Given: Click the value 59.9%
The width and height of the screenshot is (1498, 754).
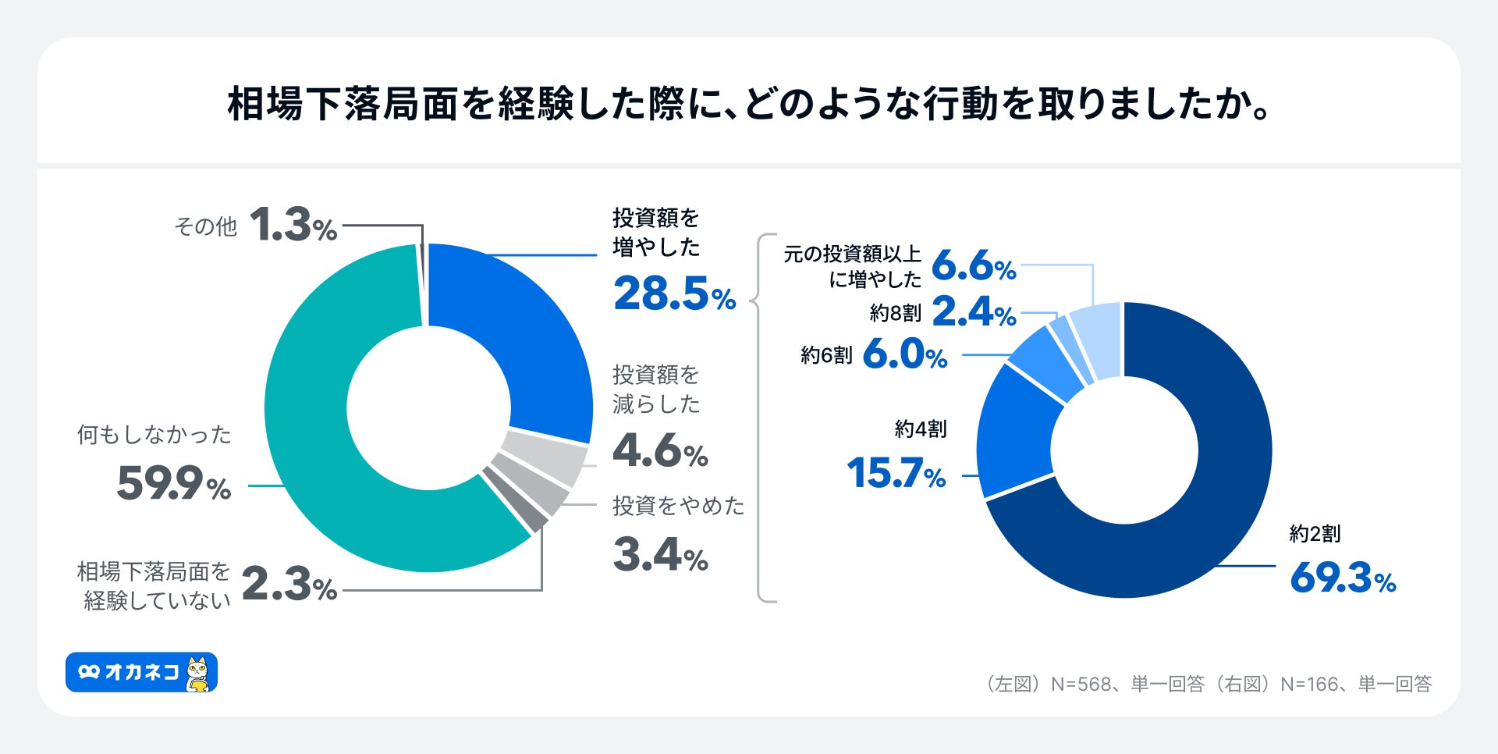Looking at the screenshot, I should coord(173,483).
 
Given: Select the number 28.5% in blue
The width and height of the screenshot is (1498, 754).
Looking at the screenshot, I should coord(674,295).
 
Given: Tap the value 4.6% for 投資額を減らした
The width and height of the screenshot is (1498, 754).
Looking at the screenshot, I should coord(660,450).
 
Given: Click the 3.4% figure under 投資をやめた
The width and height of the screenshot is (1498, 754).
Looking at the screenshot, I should coord(660,555).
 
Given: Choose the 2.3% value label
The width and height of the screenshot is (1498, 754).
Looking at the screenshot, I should coord(289,585).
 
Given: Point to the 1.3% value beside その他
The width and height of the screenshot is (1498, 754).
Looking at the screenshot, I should coord(293,226).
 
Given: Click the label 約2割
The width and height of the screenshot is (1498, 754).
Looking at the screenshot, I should coord(1315,534).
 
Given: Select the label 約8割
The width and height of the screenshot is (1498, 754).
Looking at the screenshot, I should coord(895,313).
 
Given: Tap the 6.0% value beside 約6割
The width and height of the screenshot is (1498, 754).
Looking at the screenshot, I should coord(904,355).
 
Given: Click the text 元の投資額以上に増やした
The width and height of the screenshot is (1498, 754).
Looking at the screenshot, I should coord(853,266).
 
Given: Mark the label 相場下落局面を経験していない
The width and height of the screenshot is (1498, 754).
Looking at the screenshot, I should coord(154,585).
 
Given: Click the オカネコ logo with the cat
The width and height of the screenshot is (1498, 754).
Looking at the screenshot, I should coord(141,672).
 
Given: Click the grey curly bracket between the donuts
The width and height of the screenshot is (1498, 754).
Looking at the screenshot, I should coord(761,418).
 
